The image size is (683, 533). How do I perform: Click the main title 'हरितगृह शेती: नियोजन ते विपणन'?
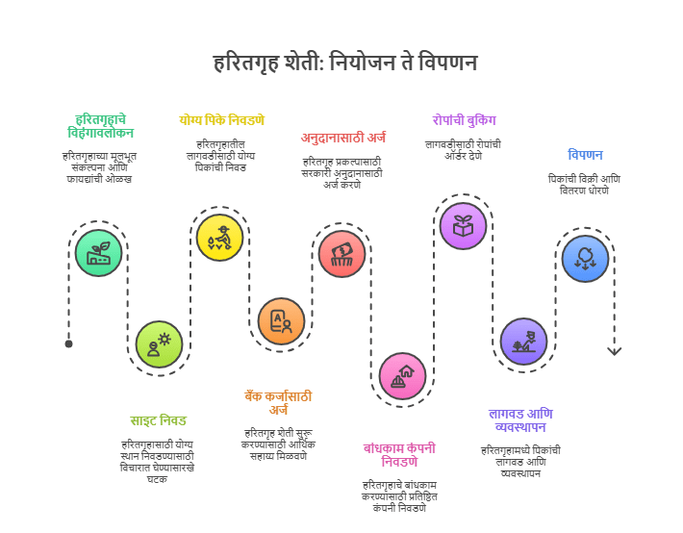pos(344,63)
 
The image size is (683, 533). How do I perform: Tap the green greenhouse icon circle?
pos(99,253)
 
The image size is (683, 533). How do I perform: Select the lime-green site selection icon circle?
pos(159,344)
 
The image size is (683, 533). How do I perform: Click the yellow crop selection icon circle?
pos(219,238)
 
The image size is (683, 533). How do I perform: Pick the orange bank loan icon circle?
pos(281,321)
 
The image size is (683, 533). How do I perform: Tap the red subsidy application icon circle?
pos(341,254)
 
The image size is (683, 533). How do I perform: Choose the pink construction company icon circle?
pos(402,375)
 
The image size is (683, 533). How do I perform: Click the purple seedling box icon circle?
pos(464,225)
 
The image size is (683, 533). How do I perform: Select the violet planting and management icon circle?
pos(523,342)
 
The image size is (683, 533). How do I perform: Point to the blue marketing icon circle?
pos(585,259)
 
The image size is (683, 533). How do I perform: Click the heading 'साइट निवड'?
pos(159,420)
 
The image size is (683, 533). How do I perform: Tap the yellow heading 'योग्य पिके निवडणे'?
pos(221,120)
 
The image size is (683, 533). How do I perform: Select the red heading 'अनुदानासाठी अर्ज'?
pos(343,138)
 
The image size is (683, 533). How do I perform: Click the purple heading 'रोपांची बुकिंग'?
pos(464,120)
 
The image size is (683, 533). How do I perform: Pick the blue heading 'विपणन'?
pos(585,155)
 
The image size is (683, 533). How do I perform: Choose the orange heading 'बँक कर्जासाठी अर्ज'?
pos(278,403)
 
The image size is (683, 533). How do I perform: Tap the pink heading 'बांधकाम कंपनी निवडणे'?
pos(399,454)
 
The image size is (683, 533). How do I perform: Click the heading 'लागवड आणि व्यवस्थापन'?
pos(520,419)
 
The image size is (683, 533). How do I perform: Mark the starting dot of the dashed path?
pos(68,343)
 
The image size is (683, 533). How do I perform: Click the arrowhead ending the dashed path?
pos(615,351)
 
